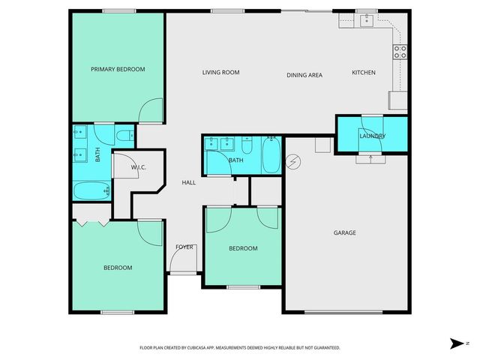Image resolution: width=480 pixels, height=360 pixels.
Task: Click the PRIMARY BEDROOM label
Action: [118, 69]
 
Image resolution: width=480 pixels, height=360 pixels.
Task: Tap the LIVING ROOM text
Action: [220, 73]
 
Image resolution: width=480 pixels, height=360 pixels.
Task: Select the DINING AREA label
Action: [304, 75]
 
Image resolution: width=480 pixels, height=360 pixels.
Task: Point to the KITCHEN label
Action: [364, 73]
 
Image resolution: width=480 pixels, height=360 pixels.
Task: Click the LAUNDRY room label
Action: [373, 136]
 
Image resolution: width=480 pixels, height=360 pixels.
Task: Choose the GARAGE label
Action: [345, 232]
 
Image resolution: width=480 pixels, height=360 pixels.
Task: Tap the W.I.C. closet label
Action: [138, 167]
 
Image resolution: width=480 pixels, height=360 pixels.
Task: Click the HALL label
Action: [189, 182]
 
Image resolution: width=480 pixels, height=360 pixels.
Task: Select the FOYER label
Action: [184, 247]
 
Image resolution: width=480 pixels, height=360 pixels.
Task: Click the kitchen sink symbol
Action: [366, 21]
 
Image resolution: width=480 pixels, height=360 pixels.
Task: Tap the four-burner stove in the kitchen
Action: [400, 52]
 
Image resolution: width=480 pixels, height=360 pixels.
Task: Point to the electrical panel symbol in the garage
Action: [293, 161]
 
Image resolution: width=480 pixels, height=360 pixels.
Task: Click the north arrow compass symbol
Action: [457, 343]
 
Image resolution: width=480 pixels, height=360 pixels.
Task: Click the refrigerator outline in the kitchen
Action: [397, 100]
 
